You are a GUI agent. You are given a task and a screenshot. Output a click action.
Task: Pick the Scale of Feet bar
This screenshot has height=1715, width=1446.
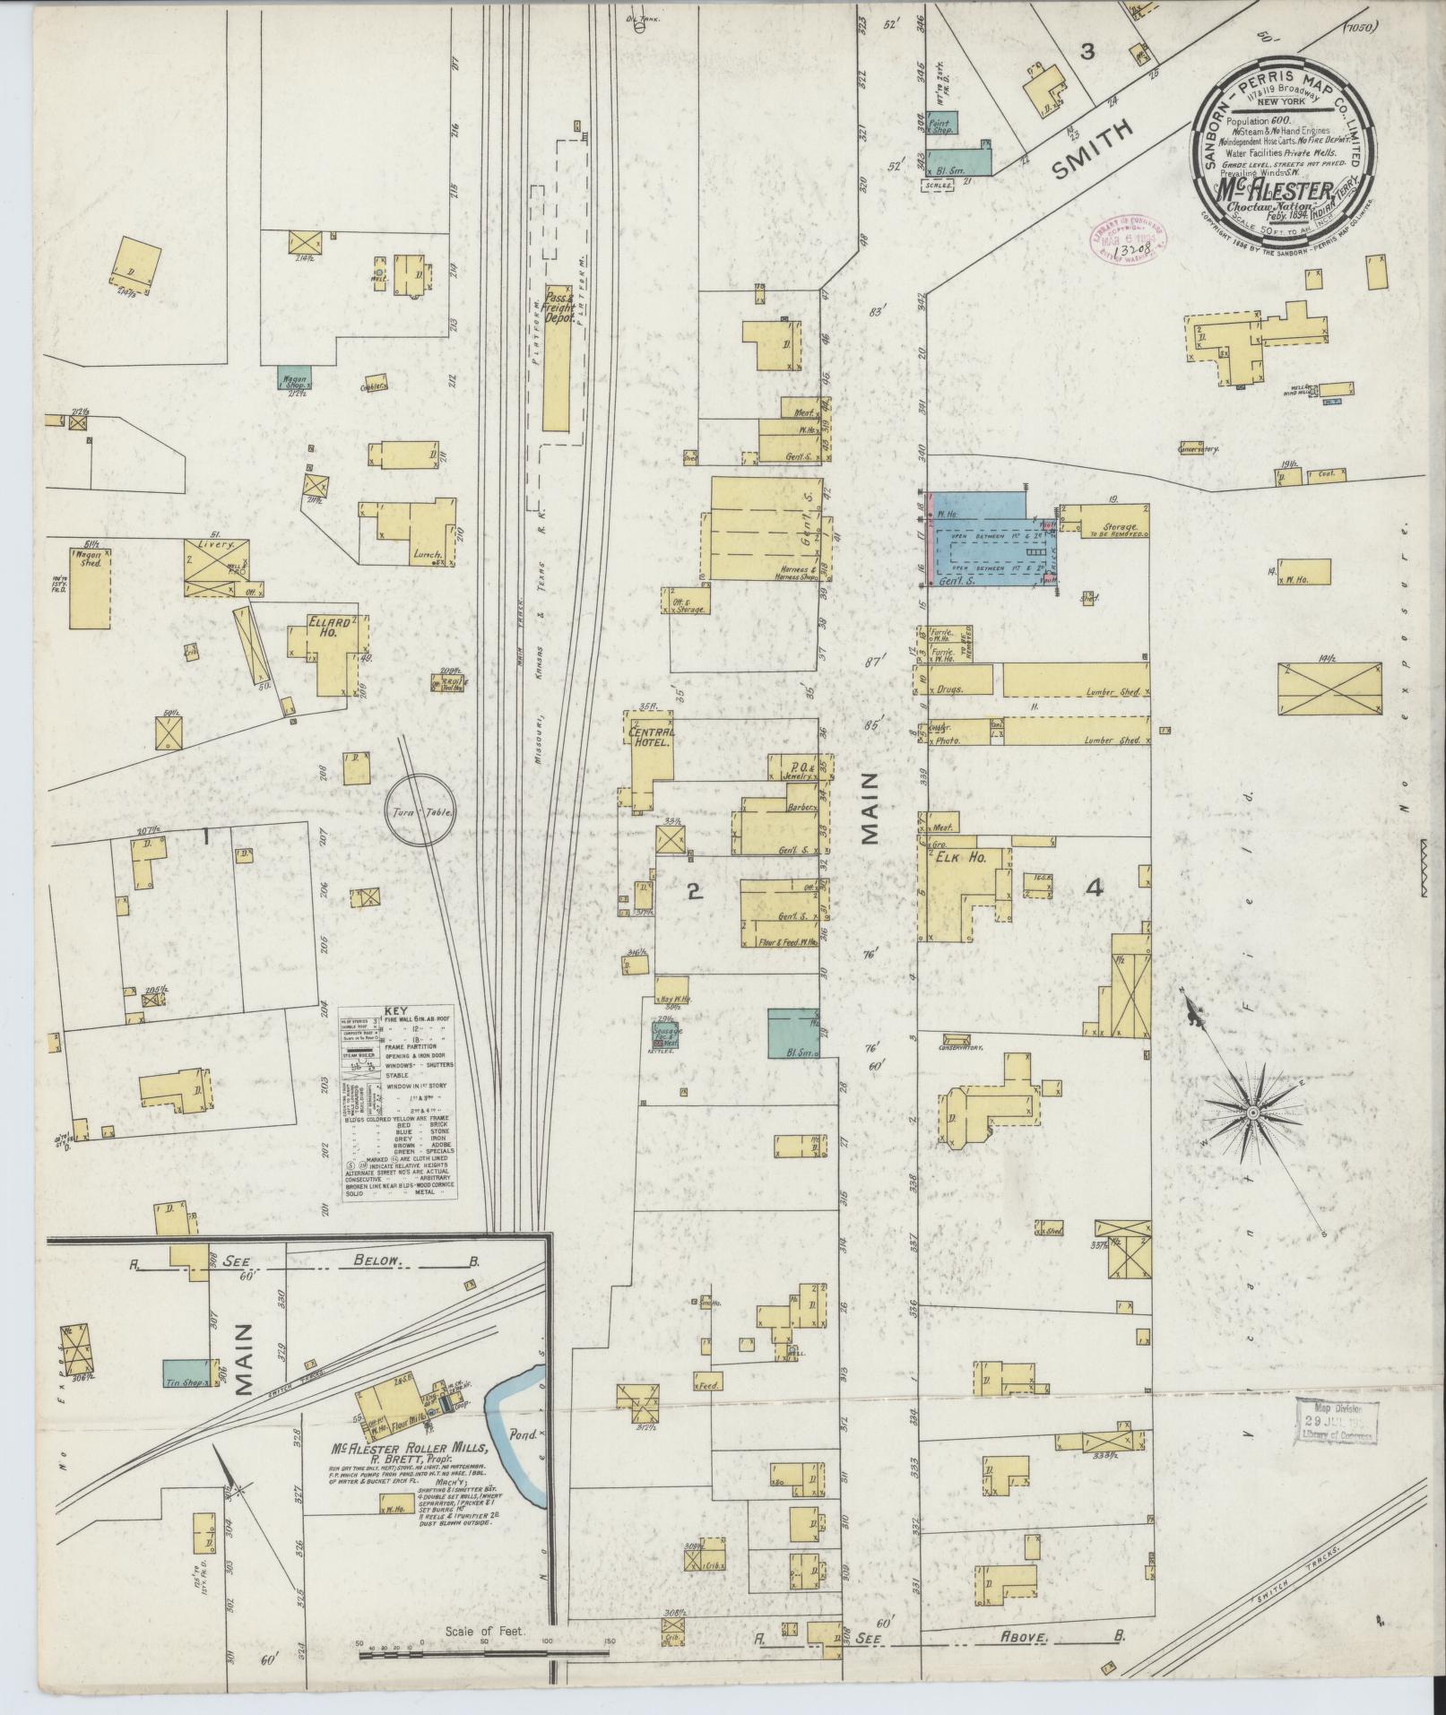(x=484, y=1651)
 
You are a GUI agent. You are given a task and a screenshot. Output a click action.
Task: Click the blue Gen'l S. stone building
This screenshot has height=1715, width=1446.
(x=986, y=542)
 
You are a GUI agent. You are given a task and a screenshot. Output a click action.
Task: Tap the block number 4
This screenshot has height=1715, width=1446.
(x=1093, y=888)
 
